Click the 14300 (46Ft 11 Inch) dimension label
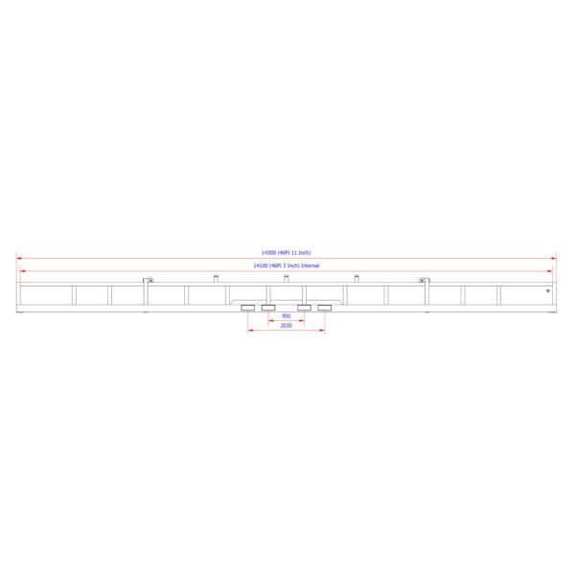pyautogui.click(x=286, y=252)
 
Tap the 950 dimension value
pyautogui.click(x=286, y=315)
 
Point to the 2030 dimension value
pyautogui.click(x=286, y=326)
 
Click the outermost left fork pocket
pyautogui.click(x=248, y=308)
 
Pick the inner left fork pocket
pyautogui.click(x=268, y=308)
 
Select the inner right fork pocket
pyautogui.click(x=304, y=308)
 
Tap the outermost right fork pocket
pyautogui.click(x=324, y=308)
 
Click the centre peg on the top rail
pyautogui.click(x=286, y=279)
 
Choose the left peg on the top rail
pyautogui.click(x=216, y=279)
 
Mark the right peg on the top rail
pyautogui.click(x=356, y=279)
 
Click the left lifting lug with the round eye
pyautogui.click(x=148, y=280)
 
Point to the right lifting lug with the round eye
pyautogui.click(x=423, y=280)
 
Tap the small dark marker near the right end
pyautogui.click(x=546, y=291)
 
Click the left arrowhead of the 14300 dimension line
pyautogui.click(x=18, y=257)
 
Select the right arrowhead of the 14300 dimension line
pyautogui.click(x=554, y=257)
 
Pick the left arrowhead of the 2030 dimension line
pyautogui.click(x=250, y=332)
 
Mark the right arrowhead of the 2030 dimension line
pyautogui.click(x=323, y=332)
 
